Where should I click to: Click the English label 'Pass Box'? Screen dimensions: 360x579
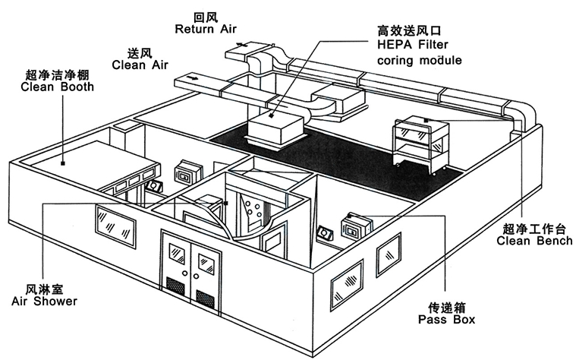[448, 321]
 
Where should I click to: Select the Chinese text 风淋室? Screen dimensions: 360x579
[45, 289]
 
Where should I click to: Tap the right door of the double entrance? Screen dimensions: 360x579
[205, 273]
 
